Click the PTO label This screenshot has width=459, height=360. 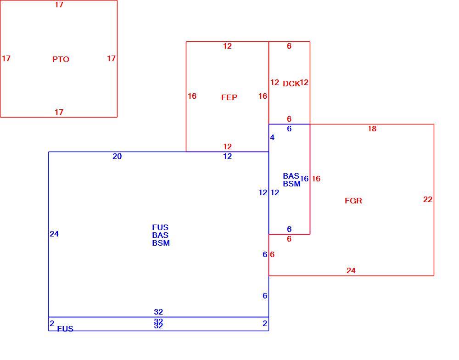[x=61, y=59]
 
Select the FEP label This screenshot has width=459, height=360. [x=229, y=97]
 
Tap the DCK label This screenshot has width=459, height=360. [x=291, y=84]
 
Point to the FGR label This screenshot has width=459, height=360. [x=353, y=201]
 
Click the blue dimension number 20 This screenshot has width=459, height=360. [x=117, y=157]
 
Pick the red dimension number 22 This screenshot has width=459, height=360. [x=428, y=199]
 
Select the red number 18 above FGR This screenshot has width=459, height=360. [x=372, y=129]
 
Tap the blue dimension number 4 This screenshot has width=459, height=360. [x=272, y=137]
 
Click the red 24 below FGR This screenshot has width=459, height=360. [x=351, y=270]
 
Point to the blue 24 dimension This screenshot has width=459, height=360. [x=54, y=234]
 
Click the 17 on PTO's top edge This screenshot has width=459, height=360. [x=59, y=5]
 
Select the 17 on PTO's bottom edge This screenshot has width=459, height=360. [x=59, y=112]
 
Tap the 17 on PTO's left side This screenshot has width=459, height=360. [x=6, y=59]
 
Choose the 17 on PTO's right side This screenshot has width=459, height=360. [x=111, y=59]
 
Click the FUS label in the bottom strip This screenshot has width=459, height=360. [x=65, y=329]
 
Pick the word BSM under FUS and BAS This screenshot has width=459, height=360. [x=161, y=243]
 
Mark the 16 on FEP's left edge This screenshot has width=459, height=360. [x=192, y=96]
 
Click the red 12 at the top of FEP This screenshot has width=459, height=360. [x=228, y=46]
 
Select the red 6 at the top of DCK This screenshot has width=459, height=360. [x=289, y=46]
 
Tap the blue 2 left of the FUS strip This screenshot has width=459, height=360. [x=52, y=323]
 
